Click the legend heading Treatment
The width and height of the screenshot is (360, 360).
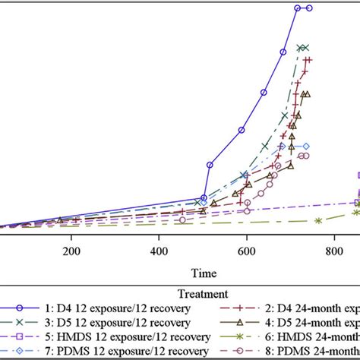[204, 292]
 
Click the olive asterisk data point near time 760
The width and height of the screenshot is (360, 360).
[318, 220]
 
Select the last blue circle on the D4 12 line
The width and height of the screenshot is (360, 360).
[309, 8]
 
